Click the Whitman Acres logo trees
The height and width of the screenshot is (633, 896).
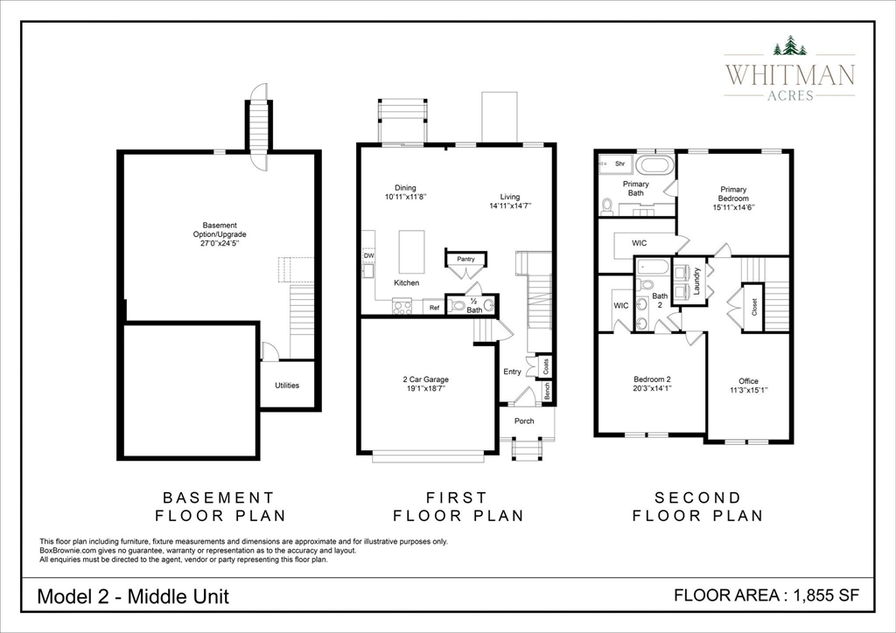click(789, 45)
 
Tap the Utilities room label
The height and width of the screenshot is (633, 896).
click(287, 385)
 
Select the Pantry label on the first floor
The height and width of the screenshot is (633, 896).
click(465, 259)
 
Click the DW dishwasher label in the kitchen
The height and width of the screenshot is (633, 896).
click(368, 255)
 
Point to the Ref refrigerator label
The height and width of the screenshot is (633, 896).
click(434, 308)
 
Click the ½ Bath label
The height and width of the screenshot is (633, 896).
click(473, 306)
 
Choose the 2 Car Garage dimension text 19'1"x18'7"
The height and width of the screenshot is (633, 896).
click(425, 388)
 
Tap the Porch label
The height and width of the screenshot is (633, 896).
click(524, 421)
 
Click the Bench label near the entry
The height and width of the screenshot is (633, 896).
click(547, 392)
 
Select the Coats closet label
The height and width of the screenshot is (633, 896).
click(546, 365)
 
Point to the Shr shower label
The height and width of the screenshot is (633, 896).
click(619, 163)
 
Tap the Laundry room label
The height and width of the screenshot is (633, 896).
click(696, 282)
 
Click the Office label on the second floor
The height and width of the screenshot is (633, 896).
click(748, 381)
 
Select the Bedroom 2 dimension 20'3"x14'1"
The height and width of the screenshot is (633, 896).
click(651, 389)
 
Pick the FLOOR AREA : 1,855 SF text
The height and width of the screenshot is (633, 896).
click(766, 595)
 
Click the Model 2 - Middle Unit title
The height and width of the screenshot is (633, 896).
click(133, 596)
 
